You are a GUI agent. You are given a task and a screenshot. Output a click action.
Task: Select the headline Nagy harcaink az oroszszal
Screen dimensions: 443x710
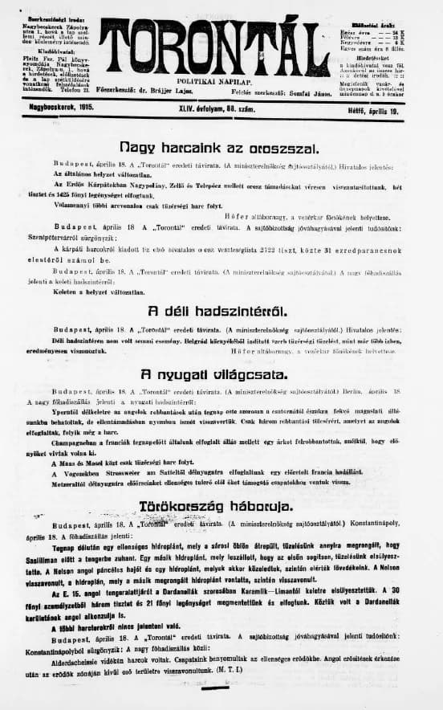[x=207, y=148]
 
